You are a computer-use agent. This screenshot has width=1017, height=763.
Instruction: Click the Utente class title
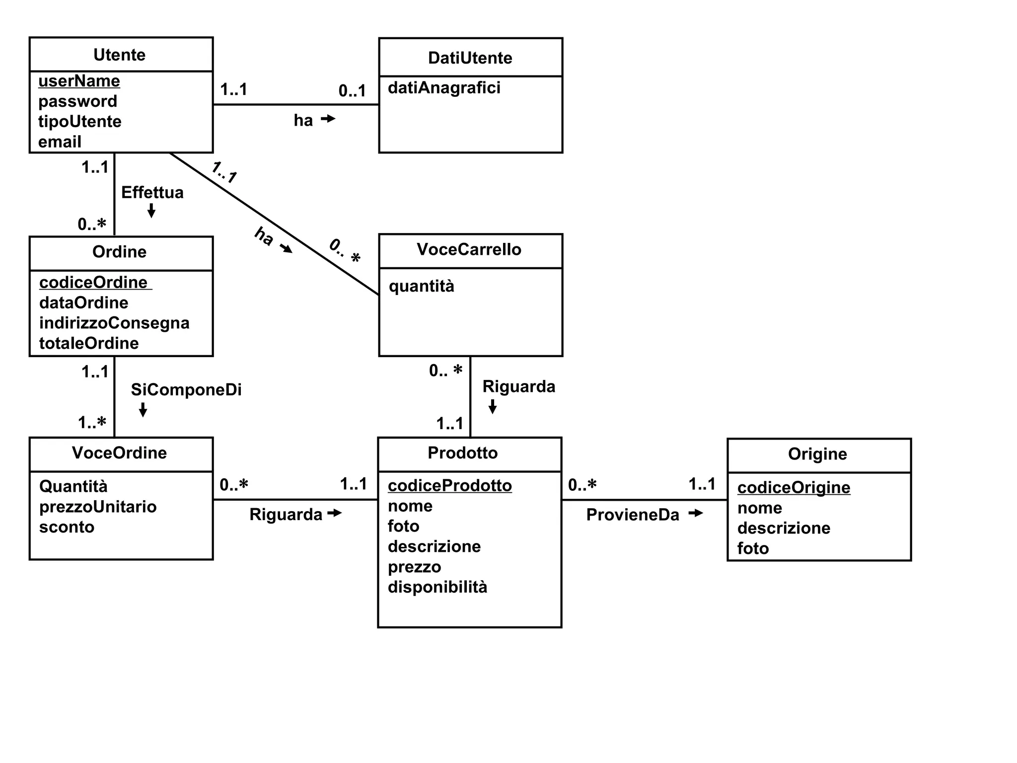pyautogui.click(x=119, y=55)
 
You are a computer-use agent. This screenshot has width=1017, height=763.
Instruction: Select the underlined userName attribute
pyautogui.click(x=79, y=81)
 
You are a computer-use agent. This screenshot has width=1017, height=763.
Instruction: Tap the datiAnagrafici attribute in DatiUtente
pyautogui.click(x=444, y=88)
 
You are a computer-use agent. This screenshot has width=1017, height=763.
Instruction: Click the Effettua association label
pyautogui.click(x=152, y=192)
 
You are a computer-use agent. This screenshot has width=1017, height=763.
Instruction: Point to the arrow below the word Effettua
pyautogui.click(x=151, y=211)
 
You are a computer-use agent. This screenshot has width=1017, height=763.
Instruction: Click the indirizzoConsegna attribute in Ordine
pyautogui.click(x=114, y=323)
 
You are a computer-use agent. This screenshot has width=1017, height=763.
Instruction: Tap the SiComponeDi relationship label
pyautogui.click(x=186, y=389)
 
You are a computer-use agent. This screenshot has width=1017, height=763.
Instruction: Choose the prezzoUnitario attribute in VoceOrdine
pyautogui.click(x=98, y=507)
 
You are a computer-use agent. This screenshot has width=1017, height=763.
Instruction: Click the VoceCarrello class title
pyautogui.click(x=469, y=249)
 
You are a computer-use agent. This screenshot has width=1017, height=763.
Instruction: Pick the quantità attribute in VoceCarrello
pyautogui.click(x=421, y=286)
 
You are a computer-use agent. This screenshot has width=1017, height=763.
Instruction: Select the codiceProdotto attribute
pyautogui.click(x=449, y=485)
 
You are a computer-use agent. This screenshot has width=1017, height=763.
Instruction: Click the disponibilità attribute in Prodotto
pyautogui.click(x=437, y=587)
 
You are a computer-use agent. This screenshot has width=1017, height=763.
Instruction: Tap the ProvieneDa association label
pyautogui.click(x=632, y=515)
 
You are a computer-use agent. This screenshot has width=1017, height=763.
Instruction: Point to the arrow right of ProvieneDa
pyautogui.click(x=696, y=513)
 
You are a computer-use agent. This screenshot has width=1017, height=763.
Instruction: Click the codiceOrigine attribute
pyautogui.click(x=794, y=487)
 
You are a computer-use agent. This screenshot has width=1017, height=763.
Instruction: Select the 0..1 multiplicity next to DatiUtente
pyautogui.click(x=352, y=90)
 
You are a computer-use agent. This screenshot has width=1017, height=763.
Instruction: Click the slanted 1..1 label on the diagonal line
pyautogui.click(x=224, y=172)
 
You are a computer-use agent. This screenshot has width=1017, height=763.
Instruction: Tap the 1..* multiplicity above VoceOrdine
pyautogui.click(x=92, y=423)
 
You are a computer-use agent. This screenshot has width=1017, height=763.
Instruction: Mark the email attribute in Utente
pyautogui.click(x=60, y=142)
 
